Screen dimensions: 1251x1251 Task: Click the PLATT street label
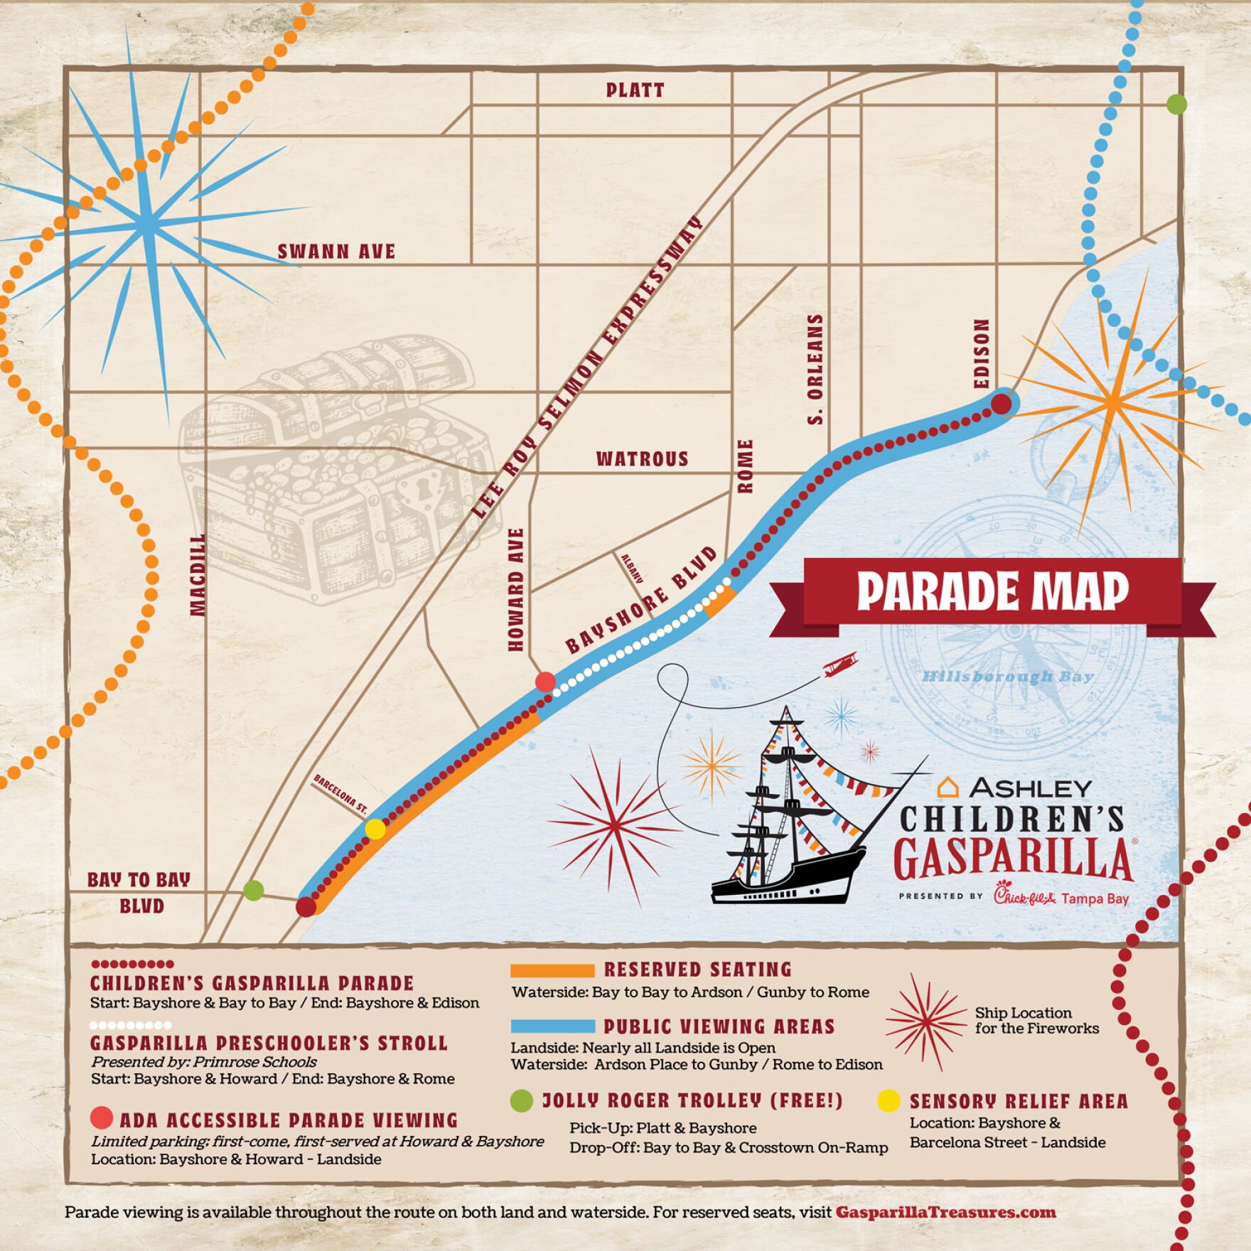click(x=635, y=90)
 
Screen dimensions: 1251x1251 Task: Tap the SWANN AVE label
click(x=336, y=252)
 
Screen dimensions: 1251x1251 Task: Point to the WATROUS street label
click(x=643, y=459)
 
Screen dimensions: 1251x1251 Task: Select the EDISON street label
click(x=982, y=353)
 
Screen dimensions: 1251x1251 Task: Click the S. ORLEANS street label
click(x=816, y=370)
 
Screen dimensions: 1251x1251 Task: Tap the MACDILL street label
click(x=198, y=574)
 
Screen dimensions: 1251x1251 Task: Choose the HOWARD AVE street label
click(x=516, y=589)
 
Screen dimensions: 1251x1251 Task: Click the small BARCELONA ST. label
click(x=340, y=794)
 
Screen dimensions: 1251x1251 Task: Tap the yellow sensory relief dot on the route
click(x=375, y=829)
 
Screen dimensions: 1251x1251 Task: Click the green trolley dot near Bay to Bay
click(x=254, y=890)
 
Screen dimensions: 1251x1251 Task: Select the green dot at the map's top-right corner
click(x=1176, y=104)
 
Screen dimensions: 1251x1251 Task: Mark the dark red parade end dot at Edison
click(x=1001, y=404)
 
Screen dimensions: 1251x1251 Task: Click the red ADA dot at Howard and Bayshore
click(x=545, y=682)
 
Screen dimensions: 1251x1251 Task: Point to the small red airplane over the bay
click(x=841, y=665)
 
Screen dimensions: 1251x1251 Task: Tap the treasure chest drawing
click(x=334, y=469)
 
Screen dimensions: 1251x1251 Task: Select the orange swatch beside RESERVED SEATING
click(x=552, y=970)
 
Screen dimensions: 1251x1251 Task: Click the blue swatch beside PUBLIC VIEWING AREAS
click(x=552, y=1026)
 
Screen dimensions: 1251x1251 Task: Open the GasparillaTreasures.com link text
click(x=945, y=1212)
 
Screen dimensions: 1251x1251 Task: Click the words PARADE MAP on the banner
click(x=992, y=591)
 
